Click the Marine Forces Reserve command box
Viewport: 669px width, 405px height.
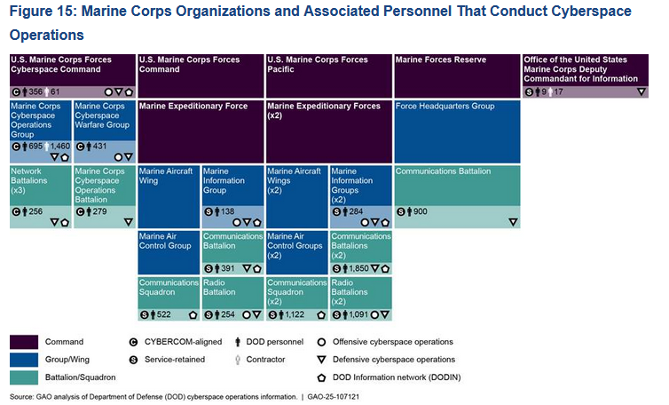(457, 75)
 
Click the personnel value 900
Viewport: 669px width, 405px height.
(420, 212)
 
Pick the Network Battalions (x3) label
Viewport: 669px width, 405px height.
(39, 181)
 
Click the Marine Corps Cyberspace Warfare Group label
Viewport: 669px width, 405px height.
(104, 116)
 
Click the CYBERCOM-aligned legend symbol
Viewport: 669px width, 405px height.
(132, 342)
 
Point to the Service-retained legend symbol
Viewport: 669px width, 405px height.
(132, 360)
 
